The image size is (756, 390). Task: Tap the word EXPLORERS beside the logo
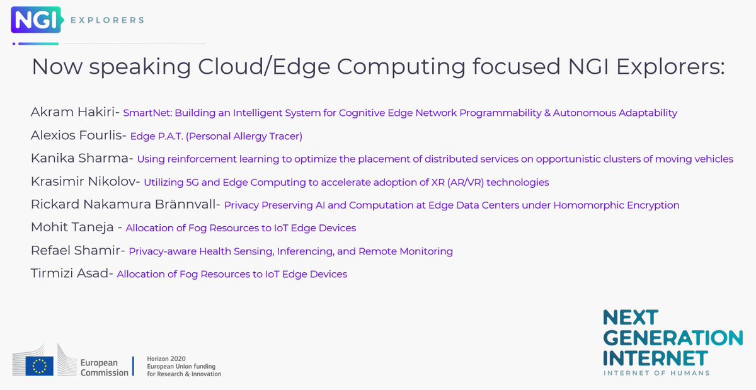click(x=107, y=20)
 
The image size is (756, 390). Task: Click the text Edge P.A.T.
click(x=155, y=136)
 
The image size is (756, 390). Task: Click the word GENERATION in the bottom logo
click(x=673, y=337)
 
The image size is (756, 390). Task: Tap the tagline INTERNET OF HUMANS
click(x=656, y=373)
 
